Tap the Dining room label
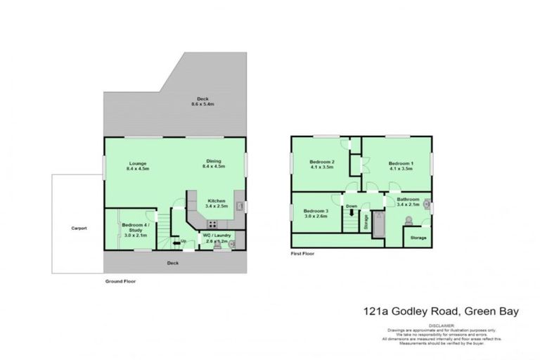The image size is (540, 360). (x=214, y=161)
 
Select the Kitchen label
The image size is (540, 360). (x=214, y=200)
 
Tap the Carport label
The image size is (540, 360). (x=78, y=229)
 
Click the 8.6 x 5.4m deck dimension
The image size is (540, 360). (x=202, y=104)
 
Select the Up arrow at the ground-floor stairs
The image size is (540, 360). (x=183, y=241)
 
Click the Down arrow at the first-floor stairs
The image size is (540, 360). (x=352, y=210)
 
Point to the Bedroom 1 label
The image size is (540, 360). (x=401, y=161)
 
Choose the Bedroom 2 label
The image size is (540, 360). (x=321, y=162)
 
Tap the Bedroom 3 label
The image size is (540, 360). (x=316, y=211)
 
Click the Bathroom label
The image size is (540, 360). (x=408, y=199)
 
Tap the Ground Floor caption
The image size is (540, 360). (x=120, y=281)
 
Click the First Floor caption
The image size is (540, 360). (x=304, y=253)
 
